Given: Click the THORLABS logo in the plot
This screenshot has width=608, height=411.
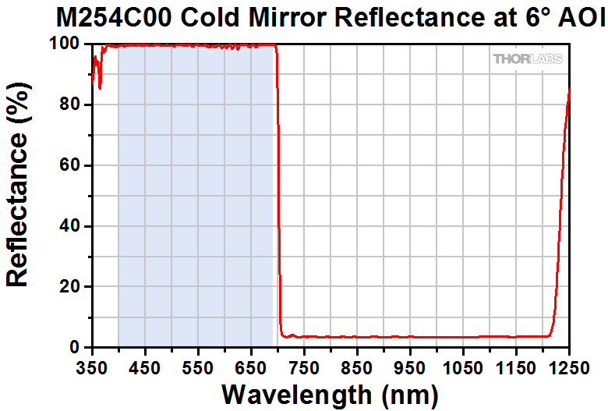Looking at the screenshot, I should click(528, 59).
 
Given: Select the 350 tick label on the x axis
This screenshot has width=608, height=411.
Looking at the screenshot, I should click(92, 365).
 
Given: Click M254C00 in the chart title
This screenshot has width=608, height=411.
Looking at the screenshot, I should click(98, 16).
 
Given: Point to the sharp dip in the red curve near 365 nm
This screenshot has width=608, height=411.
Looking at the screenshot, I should click(100, 87).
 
